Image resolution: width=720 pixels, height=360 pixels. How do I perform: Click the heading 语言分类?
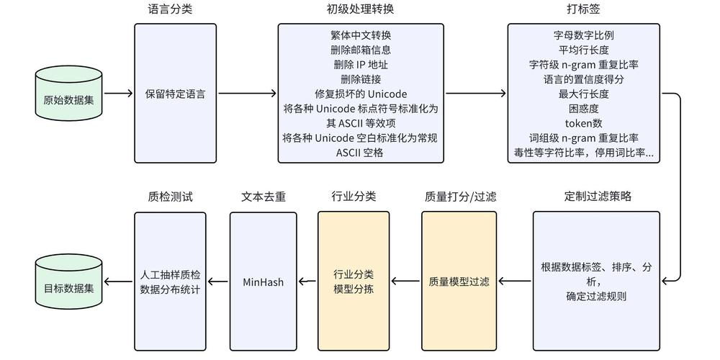170,10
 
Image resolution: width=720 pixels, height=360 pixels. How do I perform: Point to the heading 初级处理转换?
360,10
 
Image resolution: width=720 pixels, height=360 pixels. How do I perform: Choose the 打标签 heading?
583,10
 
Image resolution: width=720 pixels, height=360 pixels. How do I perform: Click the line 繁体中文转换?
360,35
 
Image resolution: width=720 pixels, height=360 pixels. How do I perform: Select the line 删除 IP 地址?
360,64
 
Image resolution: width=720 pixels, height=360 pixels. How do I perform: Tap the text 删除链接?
360,79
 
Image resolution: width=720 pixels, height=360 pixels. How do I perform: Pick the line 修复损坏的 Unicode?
360,94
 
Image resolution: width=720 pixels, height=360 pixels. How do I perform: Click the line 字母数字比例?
583,35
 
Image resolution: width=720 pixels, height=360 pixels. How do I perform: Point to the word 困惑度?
583,109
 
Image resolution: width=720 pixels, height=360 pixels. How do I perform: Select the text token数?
583,123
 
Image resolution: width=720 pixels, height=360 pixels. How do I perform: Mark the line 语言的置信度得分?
583,79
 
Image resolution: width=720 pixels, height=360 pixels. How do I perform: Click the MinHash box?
263,282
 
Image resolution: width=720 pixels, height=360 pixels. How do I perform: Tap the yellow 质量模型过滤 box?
459,282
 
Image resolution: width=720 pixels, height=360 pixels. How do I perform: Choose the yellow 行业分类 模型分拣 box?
353,282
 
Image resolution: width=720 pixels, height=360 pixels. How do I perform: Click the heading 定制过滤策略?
598,196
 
